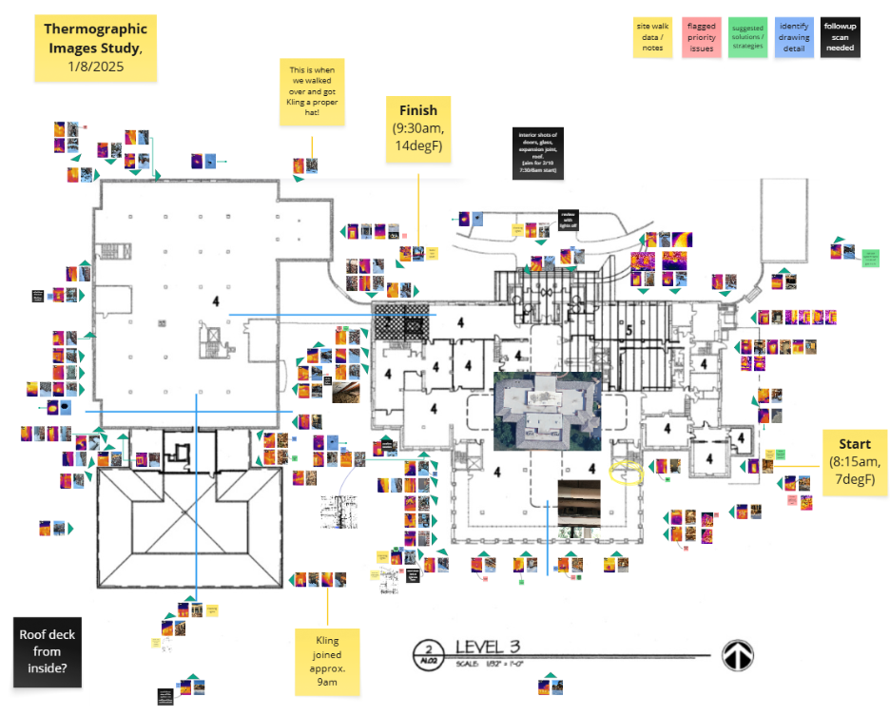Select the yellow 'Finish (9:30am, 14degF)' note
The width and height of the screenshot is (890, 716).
pos(418,128)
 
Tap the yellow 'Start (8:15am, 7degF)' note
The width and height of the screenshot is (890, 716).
pos(855,462)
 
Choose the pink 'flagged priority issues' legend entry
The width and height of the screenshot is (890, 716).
pos(702,37)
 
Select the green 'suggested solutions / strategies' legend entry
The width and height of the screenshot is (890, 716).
pos(747,37)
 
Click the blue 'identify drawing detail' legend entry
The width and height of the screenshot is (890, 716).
pos(793,37)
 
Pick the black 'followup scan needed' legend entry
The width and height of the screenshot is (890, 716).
pos(840,37)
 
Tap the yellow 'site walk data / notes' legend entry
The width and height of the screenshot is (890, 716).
pos(655,37)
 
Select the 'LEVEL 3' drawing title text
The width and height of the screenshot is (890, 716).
pos(488,648)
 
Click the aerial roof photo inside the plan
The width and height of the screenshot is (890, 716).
pos(547,411)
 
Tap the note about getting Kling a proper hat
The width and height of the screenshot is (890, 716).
pos(312,92)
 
